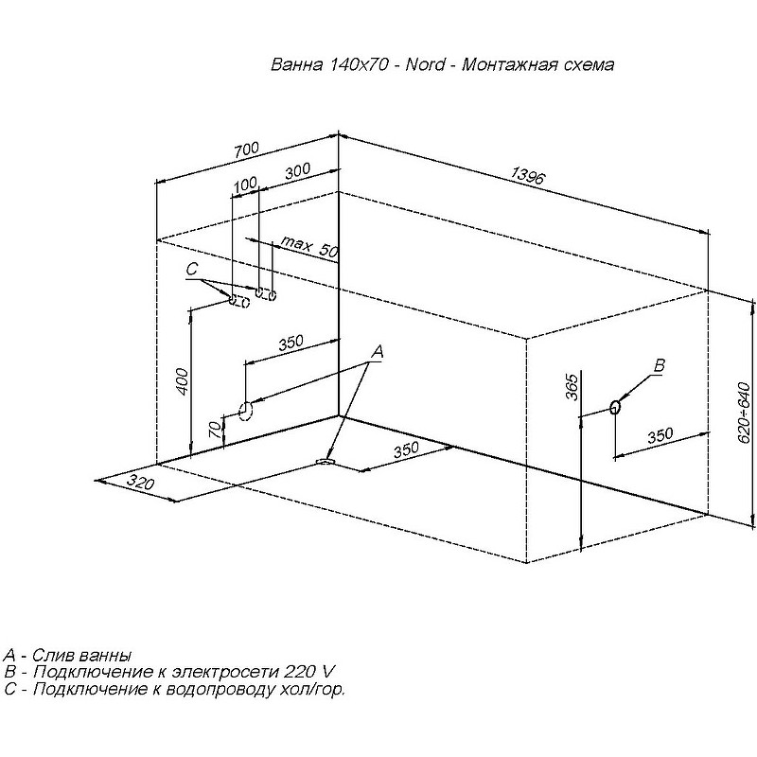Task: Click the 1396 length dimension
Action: click(528, 175)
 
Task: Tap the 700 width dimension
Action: click(246, 150)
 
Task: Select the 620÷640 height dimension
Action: click(745, 417)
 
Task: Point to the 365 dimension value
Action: click(572, 387)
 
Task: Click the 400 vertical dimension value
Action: click(182, 382)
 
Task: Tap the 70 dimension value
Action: click(216, 428)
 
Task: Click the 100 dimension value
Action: click(245, 184)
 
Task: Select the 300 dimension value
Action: click(297, 171)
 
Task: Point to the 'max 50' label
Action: click(310, 247)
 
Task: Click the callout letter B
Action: click(659, 365)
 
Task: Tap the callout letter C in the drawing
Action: click(192, 270)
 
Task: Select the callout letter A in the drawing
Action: click(377, 352)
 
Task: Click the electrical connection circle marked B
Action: click(615, 407)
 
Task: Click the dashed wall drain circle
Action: click(246, 411)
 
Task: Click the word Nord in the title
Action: click(425, 64)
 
